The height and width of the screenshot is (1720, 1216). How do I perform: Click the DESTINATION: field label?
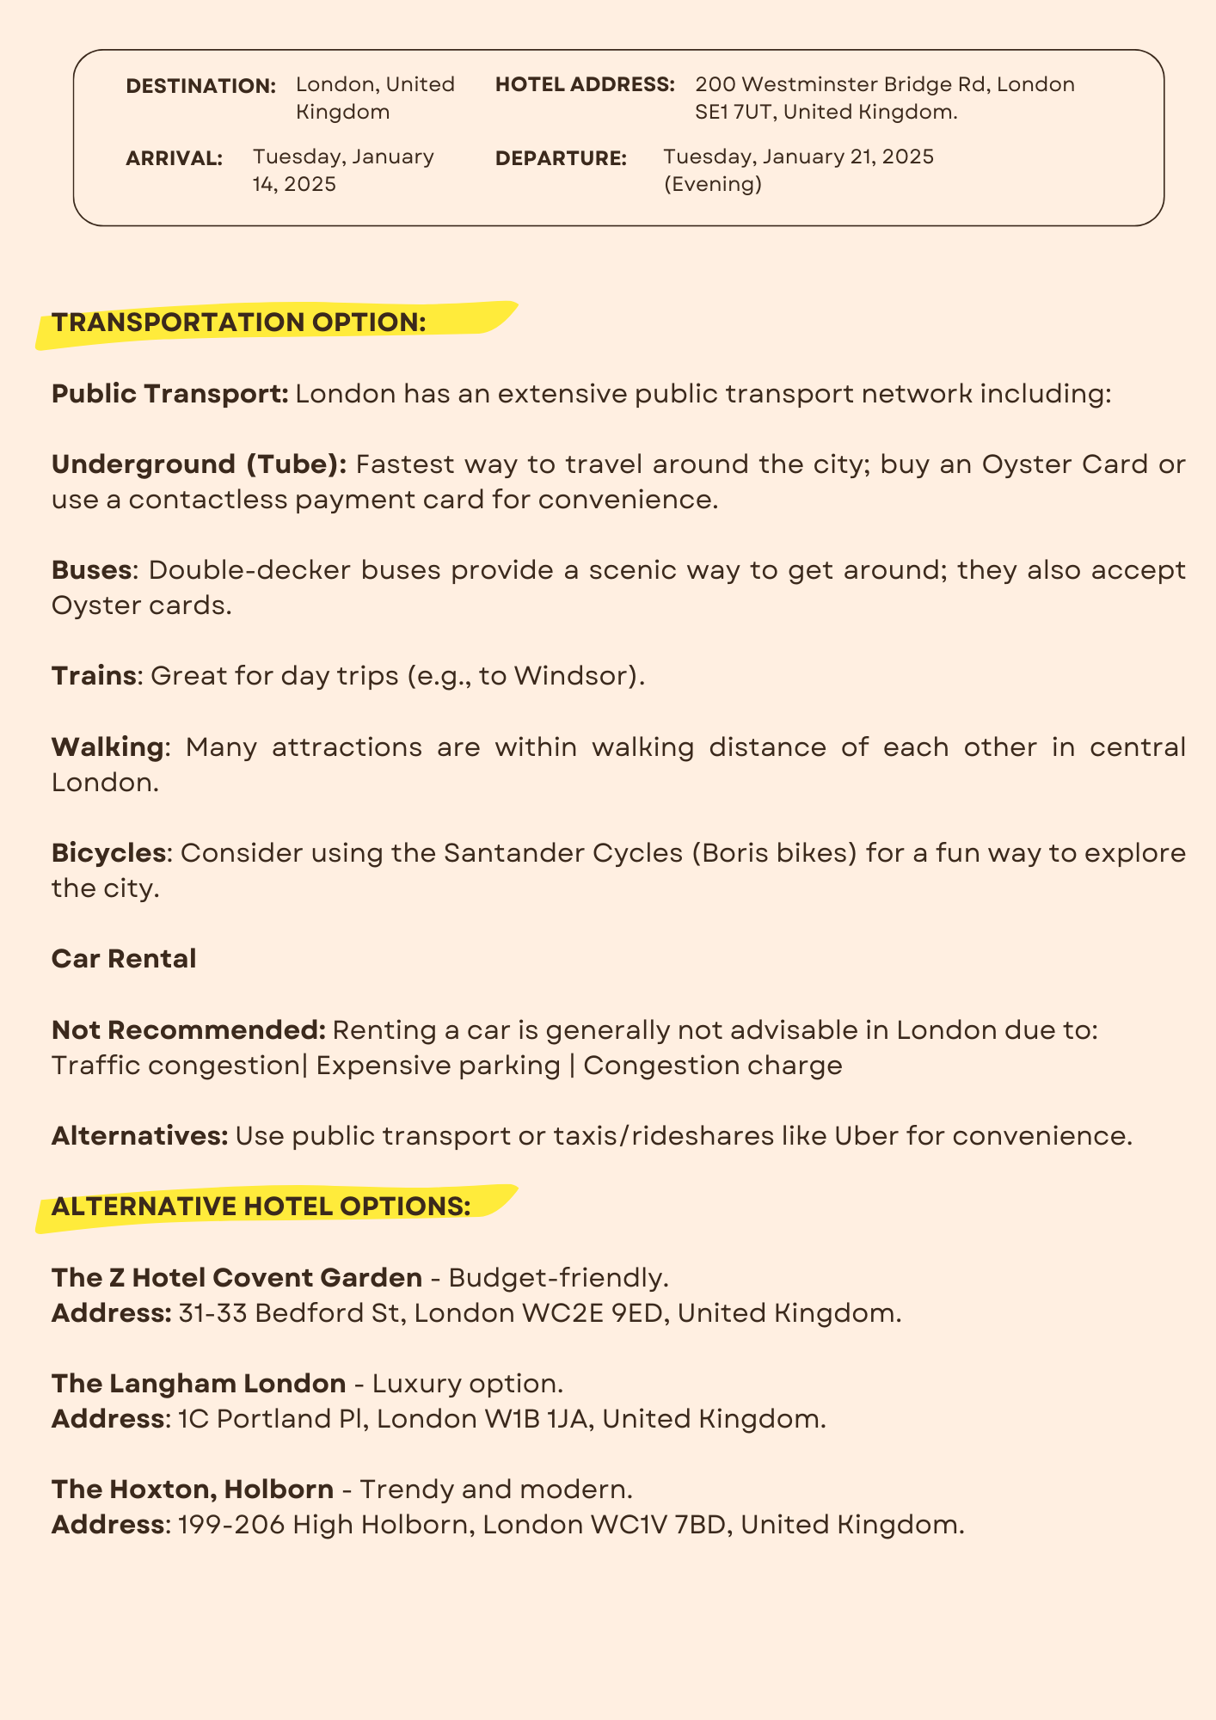pos(200,86)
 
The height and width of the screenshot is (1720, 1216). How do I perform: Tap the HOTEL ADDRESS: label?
pos(585,85)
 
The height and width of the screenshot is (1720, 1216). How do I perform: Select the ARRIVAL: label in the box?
pos(174,158)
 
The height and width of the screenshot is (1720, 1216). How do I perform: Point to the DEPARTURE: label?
pos(561,158)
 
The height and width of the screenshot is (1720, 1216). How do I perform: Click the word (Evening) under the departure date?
pos(712,184)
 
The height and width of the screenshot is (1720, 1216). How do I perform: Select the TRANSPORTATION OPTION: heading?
pos(239,322)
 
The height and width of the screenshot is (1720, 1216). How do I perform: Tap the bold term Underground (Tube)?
pos(199,464)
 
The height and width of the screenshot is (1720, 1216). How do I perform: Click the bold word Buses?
pos(91,570)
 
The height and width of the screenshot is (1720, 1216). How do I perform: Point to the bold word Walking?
pos(107,746)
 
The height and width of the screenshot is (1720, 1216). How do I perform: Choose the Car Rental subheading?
pos(124,959)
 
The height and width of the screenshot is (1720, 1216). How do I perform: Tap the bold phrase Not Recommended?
pos(188,1029)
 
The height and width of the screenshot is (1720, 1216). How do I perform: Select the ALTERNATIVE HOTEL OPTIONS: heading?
pos(261,1207)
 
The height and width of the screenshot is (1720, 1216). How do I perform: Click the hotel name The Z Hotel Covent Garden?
pos(236,1278)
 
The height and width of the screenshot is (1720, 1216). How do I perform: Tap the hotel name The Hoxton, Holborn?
pos(192,1490)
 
